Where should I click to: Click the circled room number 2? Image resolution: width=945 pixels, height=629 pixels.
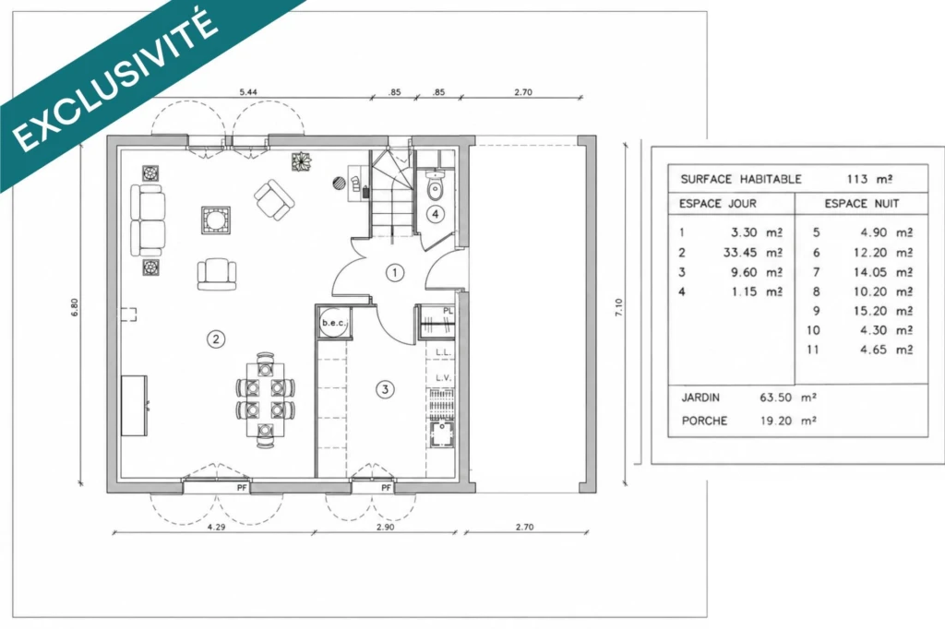pos(216,339)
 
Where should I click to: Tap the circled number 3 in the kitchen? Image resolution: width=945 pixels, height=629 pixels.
pos(386,389)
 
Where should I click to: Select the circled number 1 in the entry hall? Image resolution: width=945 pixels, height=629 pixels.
pos(395,273)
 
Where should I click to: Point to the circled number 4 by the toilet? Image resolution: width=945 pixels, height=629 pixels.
pos(436,213)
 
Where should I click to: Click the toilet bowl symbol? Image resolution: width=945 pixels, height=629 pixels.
pos(436,187)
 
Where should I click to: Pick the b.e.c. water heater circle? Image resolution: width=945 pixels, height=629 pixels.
pos(333,323)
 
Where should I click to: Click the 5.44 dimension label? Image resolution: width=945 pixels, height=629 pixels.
pos(248,92)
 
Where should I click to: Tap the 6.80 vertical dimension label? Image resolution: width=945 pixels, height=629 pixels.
pos(75,307)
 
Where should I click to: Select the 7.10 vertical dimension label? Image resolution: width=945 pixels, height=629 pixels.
pos(618,307)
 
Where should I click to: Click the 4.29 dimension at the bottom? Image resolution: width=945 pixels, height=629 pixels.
pos(216,528)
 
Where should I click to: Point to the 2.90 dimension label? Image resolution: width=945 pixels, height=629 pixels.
pos(386,528)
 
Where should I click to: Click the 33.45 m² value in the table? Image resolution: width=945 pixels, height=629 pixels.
pos(753,253)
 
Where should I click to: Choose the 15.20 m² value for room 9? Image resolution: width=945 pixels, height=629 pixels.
pos(883,311)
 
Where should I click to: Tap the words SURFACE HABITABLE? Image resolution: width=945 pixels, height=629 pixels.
pos(741,179)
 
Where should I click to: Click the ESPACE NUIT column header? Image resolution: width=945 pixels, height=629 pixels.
pos(862,204)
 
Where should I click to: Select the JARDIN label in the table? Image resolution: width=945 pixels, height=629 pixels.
pos(700,398)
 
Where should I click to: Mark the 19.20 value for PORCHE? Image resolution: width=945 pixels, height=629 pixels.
pos(775,421)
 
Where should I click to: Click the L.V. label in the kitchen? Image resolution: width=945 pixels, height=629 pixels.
pos(443,378)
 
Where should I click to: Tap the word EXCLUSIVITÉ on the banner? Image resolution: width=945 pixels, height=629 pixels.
pos(114,80)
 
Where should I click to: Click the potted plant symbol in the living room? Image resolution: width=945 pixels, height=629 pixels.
pos(302,161)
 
